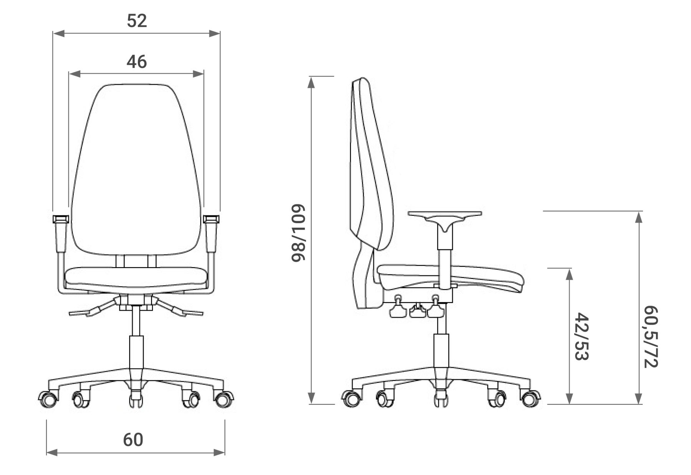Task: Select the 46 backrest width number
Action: click(x=137, y=61)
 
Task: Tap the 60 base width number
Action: click(x=133, y=440)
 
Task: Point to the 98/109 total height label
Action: click(x=298, y=233)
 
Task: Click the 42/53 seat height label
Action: click(x=582, y=336)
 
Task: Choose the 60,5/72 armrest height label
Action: click(x=651, y=336)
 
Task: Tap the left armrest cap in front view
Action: click(x=61, y=219)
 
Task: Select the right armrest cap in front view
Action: click(x=212, y=219)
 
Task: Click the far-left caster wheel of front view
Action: click(x=48, y=399)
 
